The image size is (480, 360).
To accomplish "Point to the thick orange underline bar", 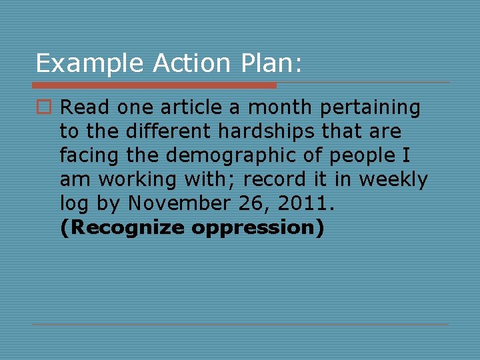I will click(154, 85).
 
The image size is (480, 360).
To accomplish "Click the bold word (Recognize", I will click(122, 228).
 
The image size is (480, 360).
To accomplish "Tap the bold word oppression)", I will click(258, 228).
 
